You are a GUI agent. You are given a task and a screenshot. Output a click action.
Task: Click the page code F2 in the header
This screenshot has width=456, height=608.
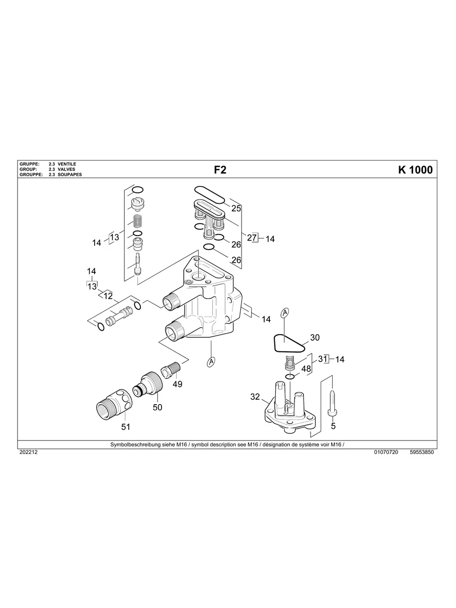220,170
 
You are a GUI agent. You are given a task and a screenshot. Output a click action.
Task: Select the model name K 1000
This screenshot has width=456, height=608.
415,170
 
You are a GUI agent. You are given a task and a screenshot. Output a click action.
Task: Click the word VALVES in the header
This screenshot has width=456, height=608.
66,170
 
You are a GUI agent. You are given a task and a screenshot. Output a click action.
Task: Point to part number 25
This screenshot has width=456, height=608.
236,208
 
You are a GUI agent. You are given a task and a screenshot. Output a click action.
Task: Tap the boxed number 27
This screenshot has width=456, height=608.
252,239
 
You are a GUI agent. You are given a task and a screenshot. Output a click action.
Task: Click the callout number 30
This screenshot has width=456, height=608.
315,337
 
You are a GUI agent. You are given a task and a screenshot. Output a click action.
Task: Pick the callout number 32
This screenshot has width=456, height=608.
255,397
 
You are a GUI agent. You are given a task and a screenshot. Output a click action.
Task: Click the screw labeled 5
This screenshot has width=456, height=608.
332,402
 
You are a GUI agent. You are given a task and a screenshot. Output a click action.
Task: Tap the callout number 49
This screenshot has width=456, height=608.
177,384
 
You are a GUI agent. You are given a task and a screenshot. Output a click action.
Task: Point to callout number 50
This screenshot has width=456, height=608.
158,407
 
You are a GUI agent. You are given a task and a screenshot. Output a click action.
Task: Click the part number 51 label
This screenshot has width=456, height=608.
125,427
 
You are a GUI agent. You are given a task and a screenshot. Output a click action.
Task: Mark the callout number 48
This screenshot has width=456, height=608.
306,368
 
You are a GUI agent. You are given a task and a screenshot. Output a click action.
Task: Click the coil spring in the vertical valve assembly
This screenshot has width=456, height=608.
137,220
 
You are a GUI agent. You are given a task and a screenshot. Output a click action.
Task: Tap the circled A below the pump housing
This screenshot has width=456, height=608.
211,361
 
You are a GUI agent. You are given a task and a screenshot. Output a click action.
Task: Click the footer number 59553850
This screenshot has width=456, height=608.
422,452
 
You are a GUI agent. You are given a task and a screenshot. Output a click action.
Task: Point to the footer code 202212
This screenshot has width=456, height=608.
28,452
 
